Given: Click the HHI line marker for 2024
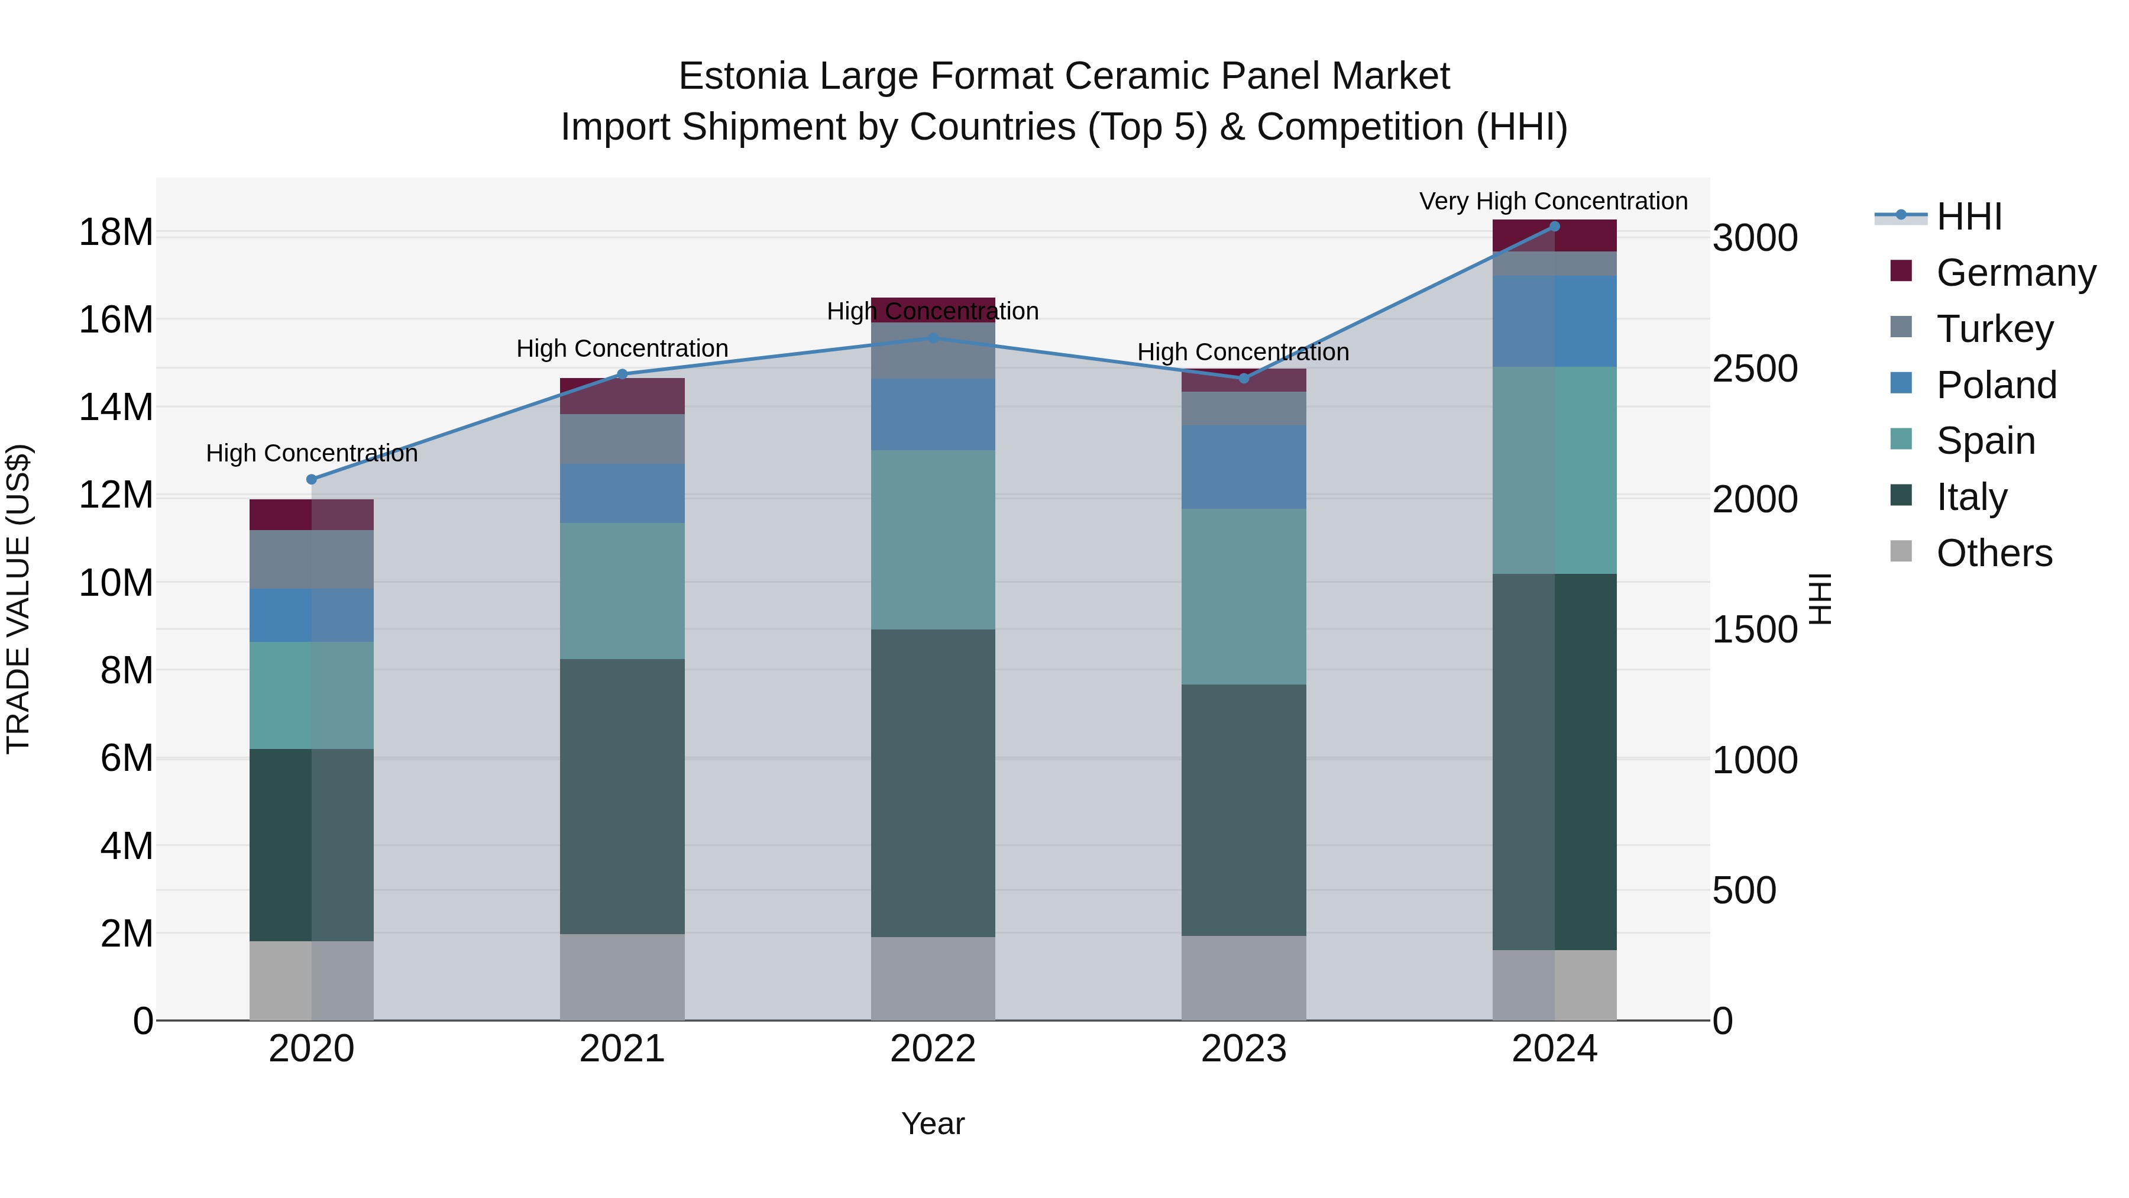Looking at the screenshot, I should click(1554, 227).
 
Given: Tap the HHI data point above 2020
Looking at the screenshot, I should click(312, 480).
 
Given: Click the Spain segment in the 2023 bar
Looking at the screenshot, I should click(1243, 596).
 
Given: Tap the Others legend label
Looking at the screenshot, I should click(1994, 553).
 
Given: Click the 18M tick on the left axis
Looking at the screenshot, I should click(116, 233).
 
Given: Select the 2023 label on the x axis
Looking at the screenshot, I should click(1243, 1049).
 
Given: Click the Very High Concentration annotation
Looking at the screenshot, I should click(1553, 201).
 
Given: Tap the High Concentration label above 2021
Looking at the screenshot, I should click(622, 348).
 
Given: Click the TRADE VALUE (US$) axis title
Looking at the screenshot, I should click(18, 599).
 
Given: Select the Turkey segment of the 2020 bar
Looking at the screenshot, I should click(312, 559).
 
